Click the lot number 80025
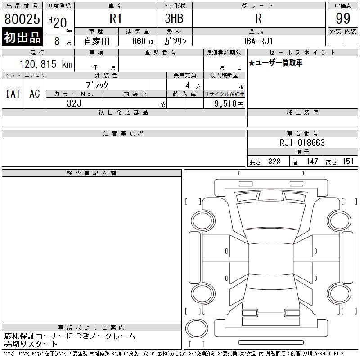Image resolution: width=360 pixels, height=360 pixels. tap(22, 18)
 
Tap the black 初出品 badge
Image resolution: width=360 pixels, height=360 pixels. tap(22, 37)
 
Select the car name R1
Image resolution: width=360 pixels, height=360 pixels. tap(116, 18)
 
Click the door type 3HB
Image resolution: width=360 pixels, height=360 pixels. tap(174, 18)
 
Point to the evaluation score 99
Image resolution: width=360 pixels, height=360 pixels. tap(343, 18)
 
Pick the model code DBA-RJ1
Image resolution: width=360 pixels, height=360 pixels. tap(257, 41)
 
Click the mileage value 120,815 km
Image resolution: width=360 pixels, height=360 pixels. tap(46, 64)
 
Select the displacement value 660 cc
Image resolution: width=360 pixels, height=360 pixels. tap(143, 41)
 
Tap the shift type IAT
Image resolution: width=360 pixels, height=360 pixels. tap(13, 94)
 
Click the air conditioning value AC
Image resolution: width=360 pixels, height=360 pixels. tap(35, 94)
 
